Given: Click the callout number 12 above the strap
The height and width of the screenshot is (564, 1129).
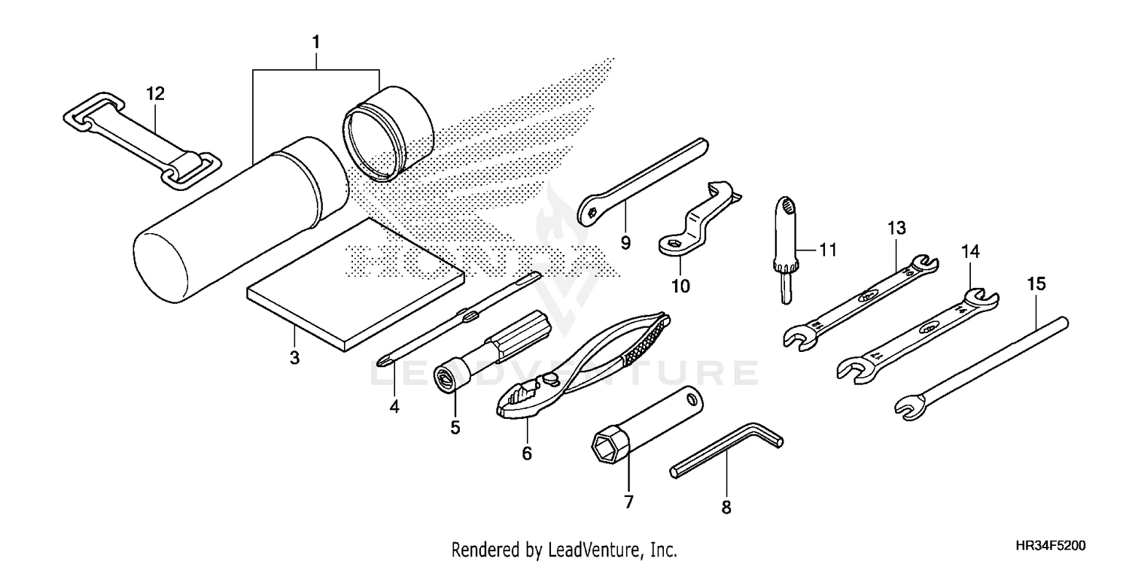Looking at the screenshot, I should pyautogui.click(x=155, y=94).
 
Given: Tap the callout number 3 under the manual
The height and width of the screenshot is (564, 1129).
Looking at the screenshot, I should pyautogui.click(x=294, y=357).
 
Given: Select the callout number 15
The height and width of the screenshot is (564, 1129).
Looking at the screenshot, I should pyautogui.click(x=1036, y=284).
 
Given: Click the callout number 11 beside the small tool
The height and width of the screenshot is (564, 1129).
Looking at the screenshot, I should pyautogui.click(x=828, y=250).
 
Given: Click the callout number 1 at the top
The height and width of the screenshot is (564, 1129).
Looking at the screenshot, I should pyautogui.click(x=316, y=42).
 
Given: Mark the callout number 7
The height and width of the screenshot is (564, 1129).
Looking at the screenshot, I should pyautogui.click(x=628, y=501).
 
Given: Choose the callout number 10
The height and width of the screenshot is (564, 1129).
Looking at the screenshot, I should pyautogui.click(x=680, y=286).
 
